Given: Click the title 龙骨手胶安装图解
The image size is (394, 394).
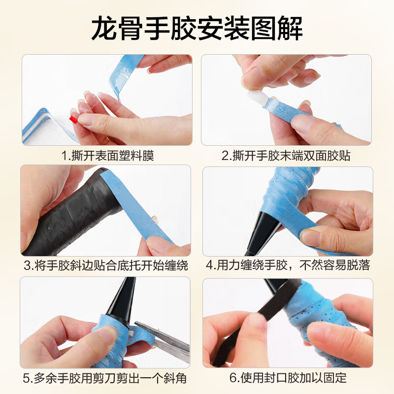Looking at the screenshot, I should (x=197, y=28).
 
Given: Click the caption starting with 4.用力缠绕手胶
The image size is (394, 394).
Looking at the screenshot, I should (x=288, y=266).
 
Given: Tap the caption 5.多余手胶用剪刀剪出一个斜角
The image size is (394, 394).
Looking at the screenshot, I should (x=108, y=378).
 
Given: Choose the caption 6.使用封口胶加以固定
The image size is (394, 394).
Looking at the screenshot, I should (x=288, y=378).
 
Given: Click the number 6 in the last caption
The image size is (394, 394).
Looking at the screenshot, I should (x=232, y=378).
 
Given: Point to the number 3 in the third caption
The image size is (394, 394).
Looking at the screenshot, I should (x=28, y=266).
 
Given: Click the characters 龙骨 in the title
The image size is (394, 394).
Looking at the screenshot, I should (x=114, y=28).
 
